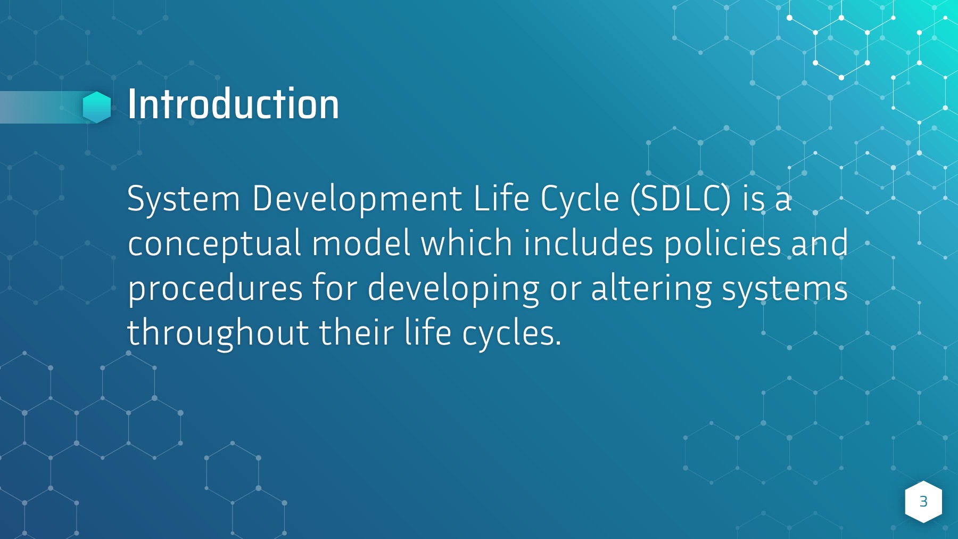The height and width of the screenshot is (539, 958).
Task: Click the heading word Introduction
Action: coord(233,104)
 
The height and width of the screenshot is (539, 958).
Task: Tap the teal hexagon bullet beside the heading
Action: coord(97,107)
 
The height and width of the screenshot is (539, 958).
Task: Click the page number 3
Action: coord(923,502)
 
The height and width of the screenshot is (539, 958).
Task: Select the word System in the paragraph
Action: coord(184,199)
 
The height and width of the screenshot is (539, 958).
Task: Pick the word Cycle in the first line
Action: coord(580,199)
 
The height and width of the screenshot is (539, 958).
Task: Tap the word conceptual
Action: coord(214,244)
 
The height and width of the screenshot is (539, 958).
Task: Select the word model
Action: coord(361,244)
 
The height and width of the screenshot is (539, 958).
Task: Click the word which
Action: coord(466,244)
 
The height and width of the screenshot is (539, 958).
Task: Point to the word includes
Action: coord(588,244)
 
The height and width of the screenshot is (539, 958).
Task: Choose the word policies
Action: coord(722,244)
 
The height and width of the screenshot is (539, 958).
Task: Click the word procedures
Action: coord(215,289)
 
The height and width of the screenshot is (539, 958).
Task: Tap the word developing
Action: coord(453,289)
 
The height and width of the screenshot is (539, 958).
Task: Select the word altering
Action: coord(651,289)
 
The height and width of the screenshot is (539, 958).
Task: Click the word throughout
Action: coord(218,333)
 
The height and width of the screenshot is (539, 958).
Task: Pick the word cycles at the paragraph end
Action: coord(511,333)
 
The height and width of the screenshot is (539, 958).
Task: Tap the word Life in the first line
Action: coord(501,199)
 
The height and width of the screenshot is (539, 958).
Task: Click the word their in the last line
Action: coord(356,333)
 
